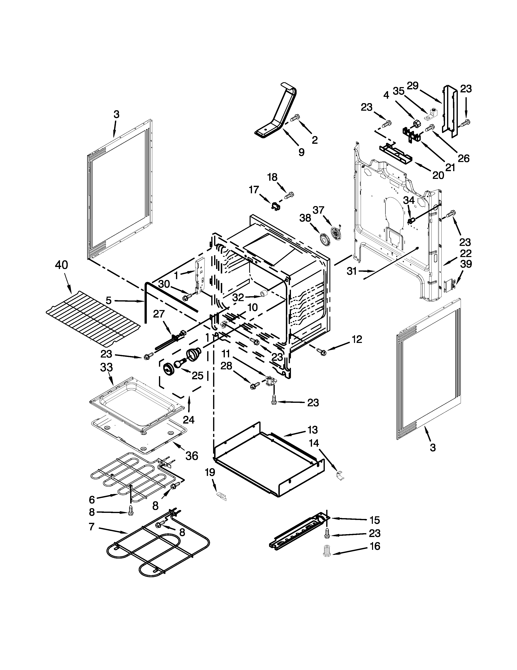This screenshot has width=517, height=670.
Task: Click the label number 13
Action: pos(313,430)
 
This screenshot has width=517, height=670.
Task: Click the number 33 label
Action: pos(106,367)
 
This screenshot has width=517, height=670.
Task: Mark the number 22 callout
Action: pos(465,253)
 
